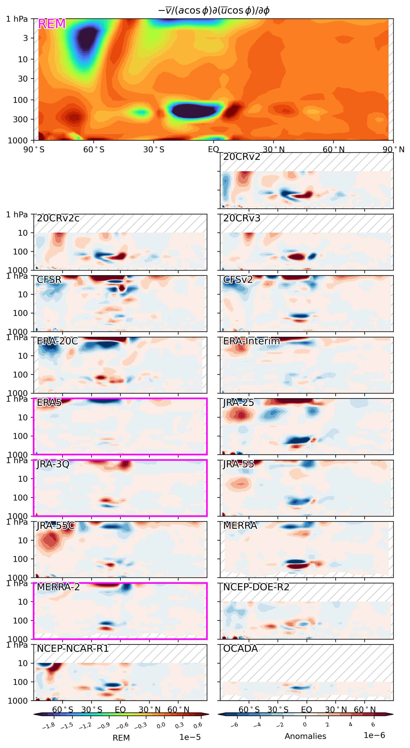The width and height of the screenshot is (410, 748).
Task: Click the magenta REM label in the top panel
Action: tap(52, 24)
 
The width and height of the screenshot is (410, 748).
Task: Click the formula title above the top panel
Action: tap(214, 10)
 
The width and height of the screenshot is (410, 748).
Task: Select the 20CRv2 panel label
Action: tap(242, 157)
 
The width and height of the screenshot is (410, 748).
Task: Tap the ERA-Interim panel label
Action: tap(251, 341)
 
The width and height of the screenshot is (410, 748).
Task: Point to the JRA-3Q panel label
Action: tap(53, 464)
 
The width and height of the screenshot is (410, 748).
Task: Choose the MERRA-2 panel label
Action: tap(58, 587)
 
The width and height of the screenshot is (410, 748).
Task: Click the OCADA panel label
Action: tap(240, 648)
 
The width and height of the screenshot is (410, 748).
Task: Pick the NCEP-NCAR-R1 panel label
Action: tap(72, 648)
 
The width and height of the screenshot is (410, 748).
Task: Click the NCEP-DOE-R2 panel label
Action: tap(256, 587)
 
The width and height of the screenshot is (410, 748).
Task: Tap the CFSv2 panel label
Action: tap(238, 280)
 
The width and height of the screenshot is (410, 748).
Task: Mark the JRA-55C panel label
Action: tap(56, 525)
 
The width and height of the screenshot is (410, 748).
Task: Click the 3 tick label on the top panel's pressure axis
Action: tap(25, 38)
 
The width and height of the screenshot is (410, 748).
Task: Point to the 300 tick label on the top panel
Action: tap(20, 119)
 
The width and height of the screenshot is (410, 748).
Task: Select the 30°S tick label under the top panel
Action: tap(154, 149)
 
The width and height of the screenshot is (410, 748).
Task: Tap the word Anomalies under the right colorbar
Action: tap(305, 736)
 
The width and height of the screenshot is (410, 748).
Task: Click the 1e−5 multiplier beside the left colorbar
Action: tap(190, 737)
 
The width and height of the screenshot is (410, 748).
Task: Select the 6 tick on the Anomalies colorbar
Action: tap(373, 724)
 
